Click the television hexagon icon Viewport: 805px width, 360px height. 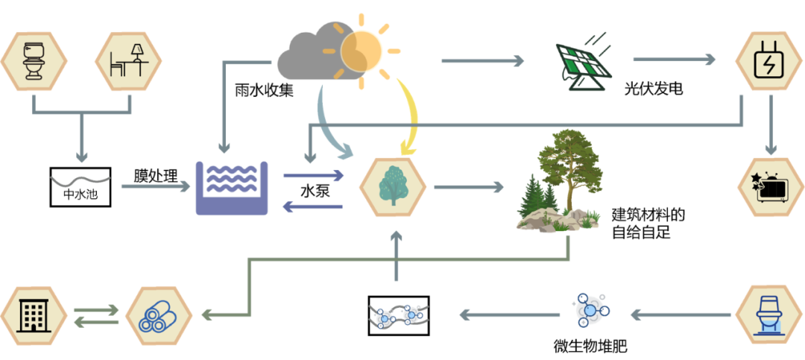click(770, 187)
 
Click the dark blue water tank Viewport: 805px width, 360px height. click(231, 187)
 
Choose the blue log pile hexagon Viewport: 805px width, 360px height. click(159, 315)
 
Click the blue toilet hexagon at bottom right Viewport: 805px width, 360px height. click(768, 314)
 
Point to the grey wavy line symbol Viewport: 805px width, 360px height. click(80, 180)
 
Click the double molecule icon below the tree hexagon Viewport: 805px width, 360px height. click(399, 316)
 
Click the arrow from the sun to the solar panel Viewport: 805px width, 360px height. click(482, 60)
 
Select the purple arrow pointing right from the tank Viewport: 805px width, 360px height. click(313, 176)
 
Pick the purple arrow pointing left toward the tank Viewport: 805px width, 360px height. click(313, 206)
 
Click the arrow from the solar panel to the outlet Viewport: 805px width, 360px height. click(674, 59)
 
